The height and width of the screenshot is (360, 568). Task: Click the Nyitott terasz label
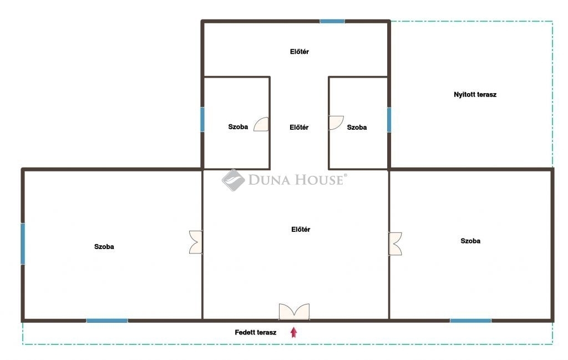pos(475,94)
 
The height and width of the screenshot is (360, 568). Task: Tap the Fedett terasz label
pos(255,332)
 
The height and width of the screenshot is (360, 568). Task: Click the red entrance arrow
pos(294,332)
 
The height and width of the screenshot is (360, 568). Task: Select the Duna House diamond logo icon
pos(234,180)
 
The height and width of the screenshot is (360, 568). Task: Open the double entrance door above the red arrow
pos(294,312)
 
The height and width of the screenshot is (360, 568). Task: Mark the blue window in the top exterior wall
pos(332,22)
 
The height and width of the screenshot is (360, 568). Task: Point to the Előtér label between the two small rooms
pos(299,128)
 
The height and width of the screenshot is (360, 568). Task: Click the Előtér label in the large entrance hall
pos(301,229)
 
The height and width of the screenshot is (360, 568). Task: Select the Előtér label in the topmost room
pos(299,52)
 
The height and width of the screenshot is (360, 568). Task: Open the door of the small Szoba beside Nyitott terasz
pos(336,123)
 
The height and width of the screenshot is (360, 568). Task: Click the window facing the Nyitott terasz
pos(389,120)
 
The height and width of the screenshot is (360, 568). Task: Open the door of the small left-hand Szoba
pos(261,124)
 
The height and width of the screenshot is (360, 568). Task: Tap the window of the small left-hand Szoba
pos(202,119)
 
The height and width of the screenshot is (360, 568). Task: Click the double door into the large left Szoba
pos(196,242)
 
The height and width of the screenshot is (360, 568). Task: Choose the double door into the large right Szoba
pos(395,244)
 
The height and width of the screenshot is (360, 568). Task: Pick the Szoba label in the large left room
pos(104,247)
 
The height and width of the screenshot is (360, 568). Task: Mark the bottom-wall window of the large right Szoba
pos(470,321)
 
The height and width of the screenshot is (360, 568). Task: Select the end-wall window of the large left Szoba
pos(23,244)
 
